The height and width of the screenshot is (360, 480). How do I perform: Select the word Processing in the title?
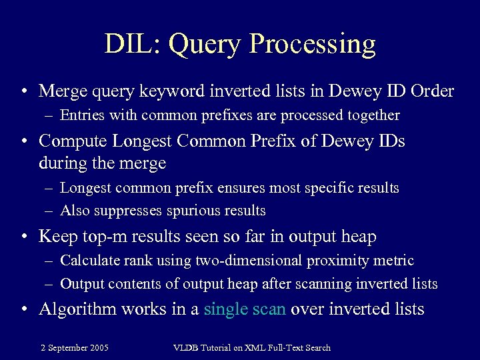(x=312, y=44)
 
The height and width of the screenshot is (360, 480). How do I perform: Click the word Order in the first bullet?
(x=432, y=91)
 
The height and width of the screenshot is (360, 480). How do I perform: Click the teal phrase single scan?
(x=244, y=309)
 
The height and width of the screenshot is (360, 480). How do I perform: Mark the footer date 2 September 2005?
(x=75, y=347)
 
